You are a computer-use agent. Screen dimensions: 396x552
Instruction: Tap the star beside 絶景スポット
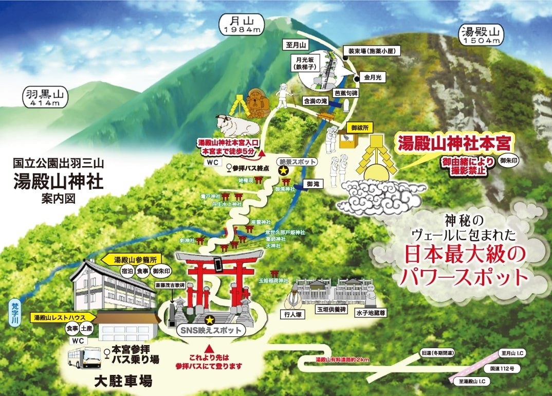282,171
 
